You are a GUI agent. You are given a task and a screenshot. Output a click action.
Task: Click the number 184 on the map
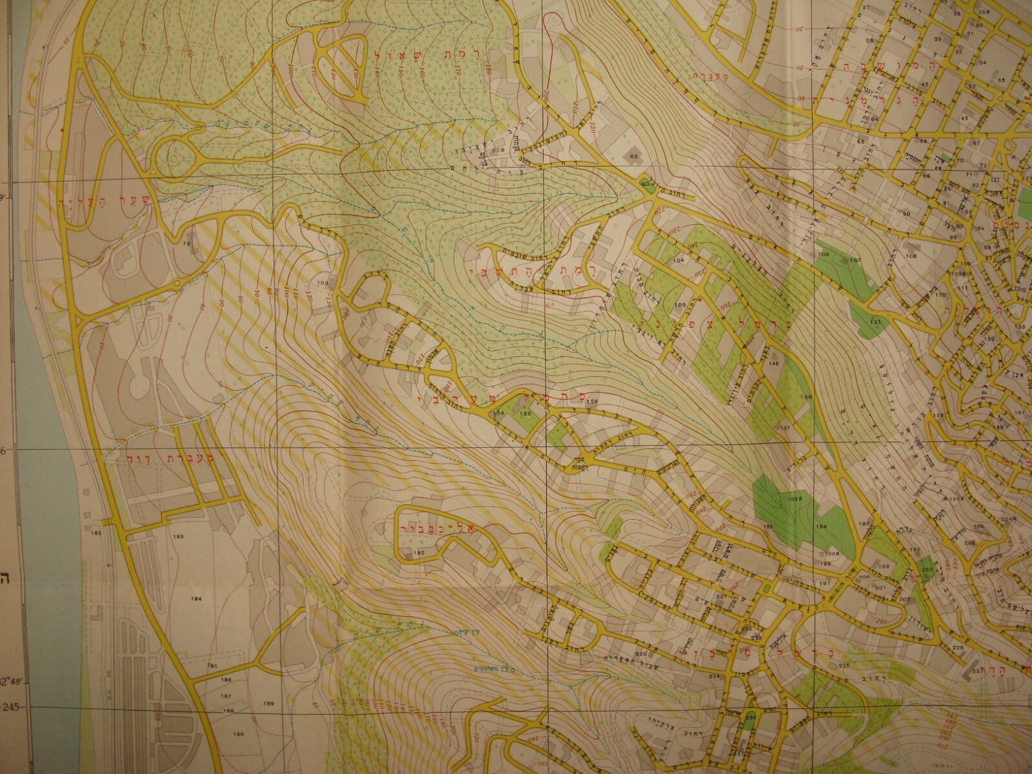pos(196,599)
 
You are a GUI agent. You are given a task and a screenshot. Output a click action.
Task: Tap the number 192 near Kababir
pos(419,553)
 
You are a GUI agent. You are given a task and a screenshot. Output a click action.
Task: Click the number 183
pos(178,536)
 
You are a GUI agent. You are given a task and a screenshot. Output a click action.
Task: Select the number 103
pos(323,283)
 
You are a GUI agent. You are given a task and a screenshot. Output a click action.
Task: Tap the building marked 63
pos(633,156)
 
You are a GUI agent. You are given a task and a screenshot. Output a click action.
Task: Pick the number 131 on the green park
pos(875,321)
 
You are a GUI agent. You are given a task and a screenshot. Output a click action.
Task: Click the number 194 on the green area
pos(821,527)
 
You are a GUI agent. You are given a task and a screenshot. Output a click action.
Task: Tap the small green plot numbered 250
pos(750,718)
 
